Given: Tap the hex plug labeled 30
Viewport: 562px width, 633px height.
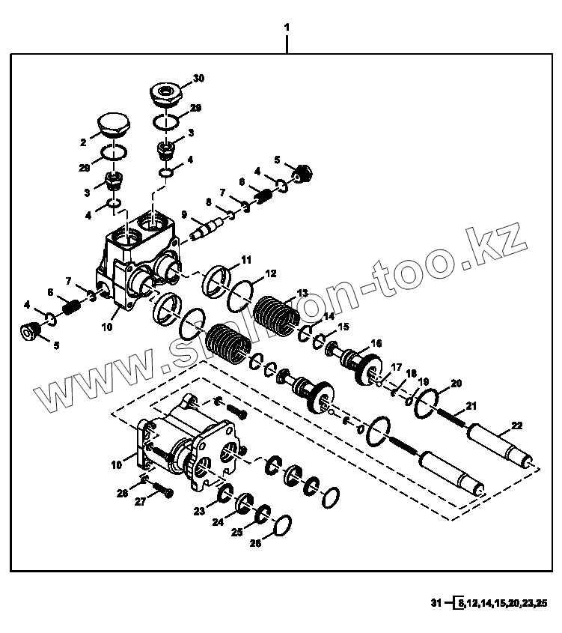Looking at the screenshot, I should pyautogui.click(x=167, y=93).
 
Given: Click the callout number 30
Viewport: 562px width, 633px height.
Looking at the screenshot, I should pyautogui.click(x=198, y=78).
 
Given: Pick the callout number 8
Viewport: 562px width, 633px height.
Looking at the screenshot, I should pyautogui.click(x=209, y=202).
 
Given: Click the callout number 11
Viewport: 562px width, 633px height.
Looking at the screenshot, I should pyautogui.click(x=246, y=261).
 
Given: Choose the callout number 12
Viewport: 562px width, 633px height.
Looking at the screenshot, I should pyautogui.click(x=270, y=274).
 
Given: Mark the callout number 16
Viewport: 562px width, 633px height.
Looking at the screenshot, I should pyautogui.click(x=375, y=343).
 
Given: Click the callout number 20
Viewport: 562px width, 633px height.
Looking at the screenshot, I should pyautogui.click(x=456, y=382).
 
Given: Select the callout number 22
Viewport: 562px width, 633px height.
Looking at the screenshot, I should pyautogui.click(x=516, y=427).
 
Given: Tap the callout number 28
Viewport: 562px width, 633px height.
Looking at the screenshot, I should pyautogui.click(x=122, y=493).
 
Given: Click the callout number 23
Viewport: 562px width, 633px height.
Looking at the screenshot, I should pyautogui.click(x=198, y=512).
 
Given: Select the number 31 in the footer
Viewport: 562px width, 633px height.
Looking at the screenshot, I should pyautogui.click(x=436, y=603).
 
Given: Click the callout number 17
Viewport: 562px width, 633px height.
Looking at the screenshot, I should pyautogui.click(x=397, y=366).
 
